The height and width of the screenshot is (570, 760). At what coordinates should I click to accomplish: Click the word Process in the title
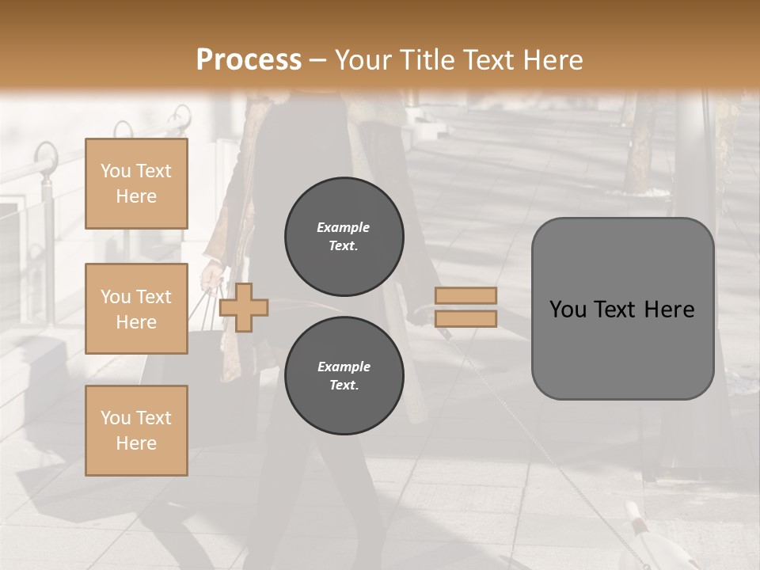(249, 60)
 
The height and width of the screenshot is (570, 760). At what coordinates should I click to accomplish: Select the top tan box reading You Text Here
(136, 184)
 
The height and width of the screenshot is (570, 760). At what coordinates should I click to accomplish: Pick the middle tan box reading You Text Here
(136, 309)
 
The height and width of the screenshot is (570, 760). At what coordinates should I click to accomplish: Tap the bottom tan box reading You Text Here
(136, 431)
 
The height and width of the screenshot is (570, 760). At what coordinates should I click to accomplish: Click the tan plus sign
(244, 306)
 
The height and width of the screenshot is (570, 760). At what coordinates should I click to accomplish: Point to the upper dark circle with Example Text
(344, 237)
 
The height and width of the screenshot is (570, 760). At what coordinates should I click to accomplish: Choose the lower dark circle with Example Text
(344, 376)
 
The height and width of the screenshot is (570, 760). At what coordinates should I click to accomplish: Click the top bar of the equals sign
(465, 296)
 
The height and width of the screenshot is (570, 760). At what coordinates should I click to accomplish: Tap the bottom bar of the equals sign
(465, 318)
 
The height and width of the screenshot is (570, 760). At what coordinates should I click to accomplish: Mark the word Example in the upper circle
(344, 228)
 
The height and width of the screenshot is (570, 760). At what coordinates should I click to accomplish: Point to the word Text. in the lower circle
(344, 386)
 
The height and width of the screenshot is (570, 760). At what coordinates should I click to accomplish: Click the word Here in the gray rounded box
(669, 310)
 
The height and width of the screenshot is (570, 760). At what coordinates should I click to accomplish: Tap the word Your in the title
(361, 60)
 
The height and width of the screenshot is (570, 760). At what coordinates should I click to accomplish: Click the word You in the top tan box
(116, 171)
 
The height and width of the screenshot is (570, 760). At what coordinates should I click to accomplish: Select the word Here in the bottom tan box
(136, 443)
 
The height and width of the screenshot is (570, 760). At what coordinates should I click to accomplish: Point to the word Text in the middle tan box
(154, 297)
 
